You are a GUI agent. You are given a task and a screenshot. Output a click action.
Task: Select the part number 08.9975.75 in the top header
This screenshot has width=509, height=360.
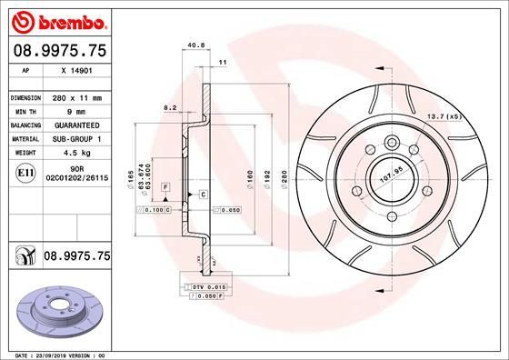(x=59, y=53)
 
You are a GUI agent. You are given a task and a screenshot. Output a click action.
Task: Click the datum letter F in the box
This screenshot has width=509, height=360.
(x=166, y=185)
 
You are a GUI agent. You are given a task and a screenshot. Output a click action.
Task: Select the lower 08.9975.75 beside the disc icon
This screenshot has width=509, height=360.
(x=76, y=257)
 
